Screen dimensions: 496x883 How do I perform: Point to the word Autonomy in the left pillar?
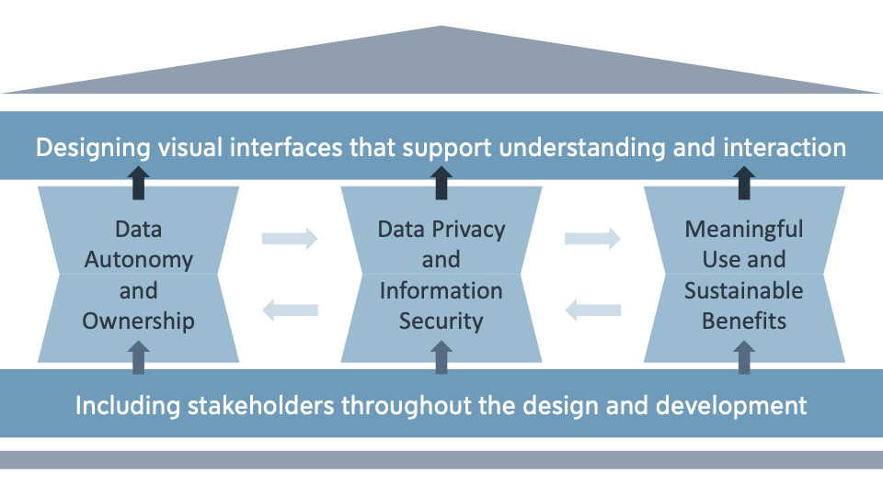click(139, 260)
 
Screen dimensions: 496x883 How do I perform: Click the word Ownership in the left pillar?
click(139, 321)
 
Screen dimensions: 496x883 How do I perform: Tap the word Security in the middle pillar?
click(441, 321)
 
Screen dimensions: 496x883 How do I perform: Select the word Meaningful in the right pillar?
click(743, 229)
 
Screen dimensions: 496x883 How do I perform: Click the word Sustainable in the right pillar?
click(743, 290)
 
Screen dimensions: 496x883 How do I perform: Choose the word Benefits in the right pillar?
click(743, 321)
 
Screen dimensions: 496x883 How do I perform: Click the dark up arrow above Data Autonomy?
click(138, 183)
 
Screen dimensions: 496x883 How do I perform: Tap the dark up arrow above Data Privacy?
click(441, 183)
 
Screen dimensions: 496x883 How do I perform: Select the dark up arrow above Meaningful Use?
click(744, 183)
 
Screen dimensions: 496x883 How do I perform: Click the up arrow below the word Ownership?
click(138, 356)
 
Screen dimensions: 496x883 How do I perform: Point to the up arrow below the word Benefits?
click(744, 356)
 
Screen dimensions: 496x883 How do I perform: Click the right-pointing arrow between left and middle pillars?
click(290, 239)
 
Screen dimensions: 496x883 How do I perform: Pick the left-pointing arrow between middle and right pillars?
click(592, 310)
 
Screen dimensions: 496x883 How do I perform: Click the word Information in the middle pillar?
click(441, 290)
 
